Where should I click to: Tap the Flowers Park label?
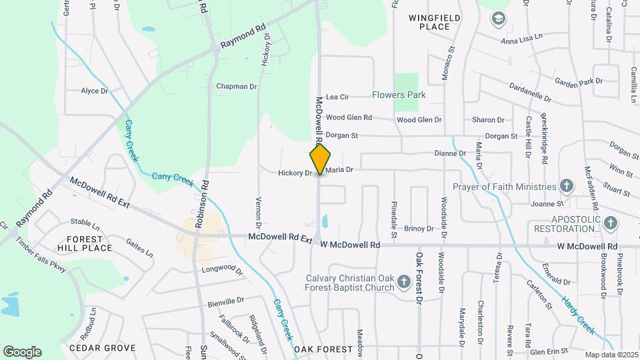[399, 95]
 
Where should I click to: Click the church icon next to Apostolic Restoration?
[610, 223]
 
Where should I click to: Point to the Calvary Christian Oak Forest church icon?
[403, 283]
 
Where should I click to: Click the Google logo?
[22, 351]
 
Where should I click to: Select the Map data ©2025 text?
[611, 355]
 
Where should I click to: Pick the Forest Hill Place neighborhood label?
[84, 243]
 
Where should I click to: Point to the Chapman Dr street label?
[237, 87]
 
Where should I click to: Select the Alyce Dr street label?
[94, 91]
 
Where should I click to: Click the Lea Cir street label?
[337, 97]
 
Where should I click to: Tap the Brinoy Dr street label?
[419, 229]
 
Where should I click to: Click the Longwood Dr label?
[223, 269]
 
